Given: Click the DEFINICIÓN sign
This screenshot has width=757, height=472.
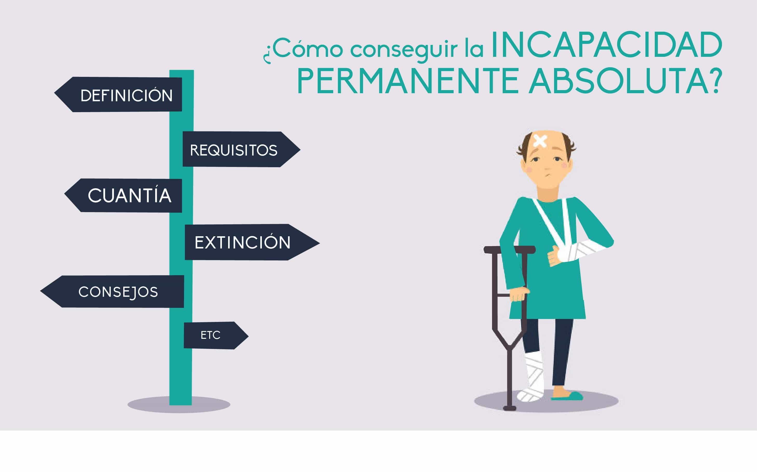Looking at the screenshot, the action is click(x=119, y=95).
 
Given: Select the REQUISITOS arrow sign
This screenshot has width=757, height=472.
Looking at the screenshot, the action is click(x=241, y=149).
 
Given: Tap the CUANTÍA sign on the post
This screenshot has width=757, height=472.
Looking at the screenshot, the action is click(x=124, y=195).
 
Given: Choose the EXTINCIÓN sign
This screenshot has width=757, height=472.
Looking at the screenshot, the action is click(x=252, y=242).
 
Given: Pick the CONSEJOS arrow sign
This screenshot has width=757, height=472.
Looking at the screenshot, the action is click(x=112, y=292).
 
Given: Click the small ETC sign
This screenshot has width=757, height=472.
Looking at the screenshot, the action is click(x=216, y=335).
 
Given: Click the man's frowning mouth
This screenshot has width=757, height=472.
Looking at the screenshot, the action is click(x=548, y=175).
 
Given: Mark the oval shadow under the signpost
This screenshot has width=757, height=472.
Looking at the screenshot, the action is click(x=179, y=404).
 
